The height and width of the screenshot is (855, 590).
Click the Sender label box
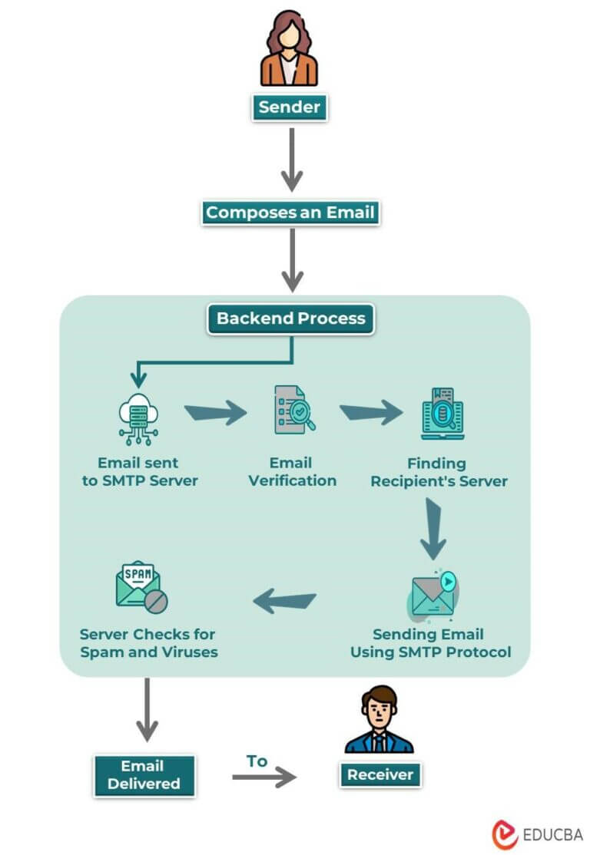tap(289, 107)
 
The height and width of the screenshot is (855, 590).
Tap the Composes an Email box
tap(291, 213)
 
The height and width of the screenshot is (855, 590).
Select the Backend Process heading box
tap(291, 319)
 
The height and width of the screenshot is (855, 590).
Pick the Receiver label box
tap(380, 774)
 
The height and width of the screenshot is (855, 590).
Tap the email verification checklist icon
tap(293, 411)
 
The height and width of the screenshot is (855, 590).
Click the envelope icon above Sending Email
tap(433, 594)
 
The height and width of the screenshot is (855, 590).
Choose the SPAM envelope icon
tap(141, 587)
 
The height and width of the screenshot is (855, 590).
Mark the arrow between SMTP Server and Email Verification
tap(216, 414)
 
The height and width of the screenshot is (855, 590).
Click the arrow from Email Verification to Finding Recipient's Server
tap(371, 413)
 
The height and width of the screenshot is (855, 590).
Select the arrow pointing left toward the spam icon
tap(285, 601)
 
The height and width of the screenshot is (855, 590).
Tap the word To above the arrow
tap(257, 761)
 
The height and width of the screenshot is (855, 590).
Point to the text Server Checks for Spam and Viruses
tap(148, 643)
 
